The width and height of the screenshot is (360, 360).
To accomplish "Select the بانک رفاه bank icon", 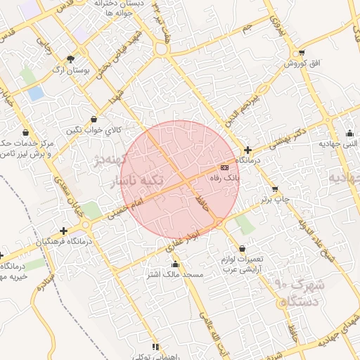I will [x=224, y=167].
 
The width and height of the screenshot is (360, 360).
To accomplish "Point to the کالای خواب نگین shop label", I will [x=94, y=130].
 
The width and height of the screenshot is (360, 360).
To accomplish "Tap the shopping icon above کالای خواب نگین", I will [x=94, y=119].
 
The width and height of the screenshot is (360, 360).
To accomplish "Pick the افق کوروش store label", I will [x=302, y=64].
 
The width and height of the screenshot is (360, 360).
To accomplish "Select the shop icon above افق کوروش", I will [x=302, y=53].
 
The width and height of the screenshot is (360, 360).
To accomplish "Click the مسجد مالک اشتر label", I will [x=176, y=274].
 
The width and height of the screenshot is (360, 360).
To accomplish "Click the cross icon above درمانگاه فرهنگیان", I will [x=64, y=230].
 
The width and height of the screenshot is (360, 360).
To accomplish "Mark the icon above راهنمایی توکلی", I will [x=155, y=347].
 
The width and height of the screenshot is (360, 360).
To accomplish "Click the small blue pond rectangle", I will [x=35, y=94].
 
